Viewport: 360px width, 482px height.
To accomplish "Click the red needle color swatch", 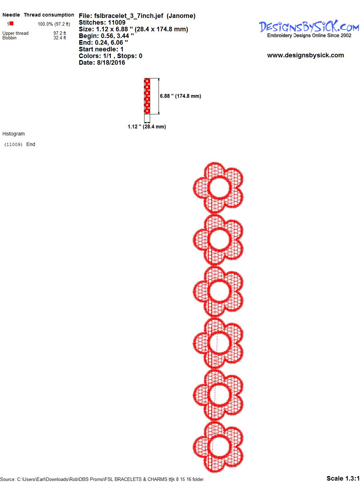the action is point(11,23).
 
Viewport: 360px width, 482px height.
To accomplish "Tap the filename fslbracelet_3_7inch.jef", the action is point(129,16).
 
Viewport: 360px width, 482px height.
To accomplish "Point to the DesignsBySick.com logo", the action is point(309,28).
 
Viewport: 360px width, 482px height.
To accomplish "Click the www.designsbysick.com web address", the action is point(306,55).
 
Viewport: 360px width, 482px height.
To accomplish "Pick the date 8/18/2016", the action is point(111,63).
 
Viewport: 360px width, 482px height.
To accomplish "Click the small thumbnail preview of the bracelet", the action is point(147,96).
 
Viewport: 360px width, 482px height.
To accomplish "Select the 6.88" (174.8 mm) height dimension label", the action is point(180,96).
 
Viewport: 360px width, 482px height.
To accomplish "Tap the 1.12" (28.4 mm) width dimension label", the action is point(147,127).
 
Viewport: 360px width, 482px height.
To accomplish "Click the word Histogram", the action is point(13,134).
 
